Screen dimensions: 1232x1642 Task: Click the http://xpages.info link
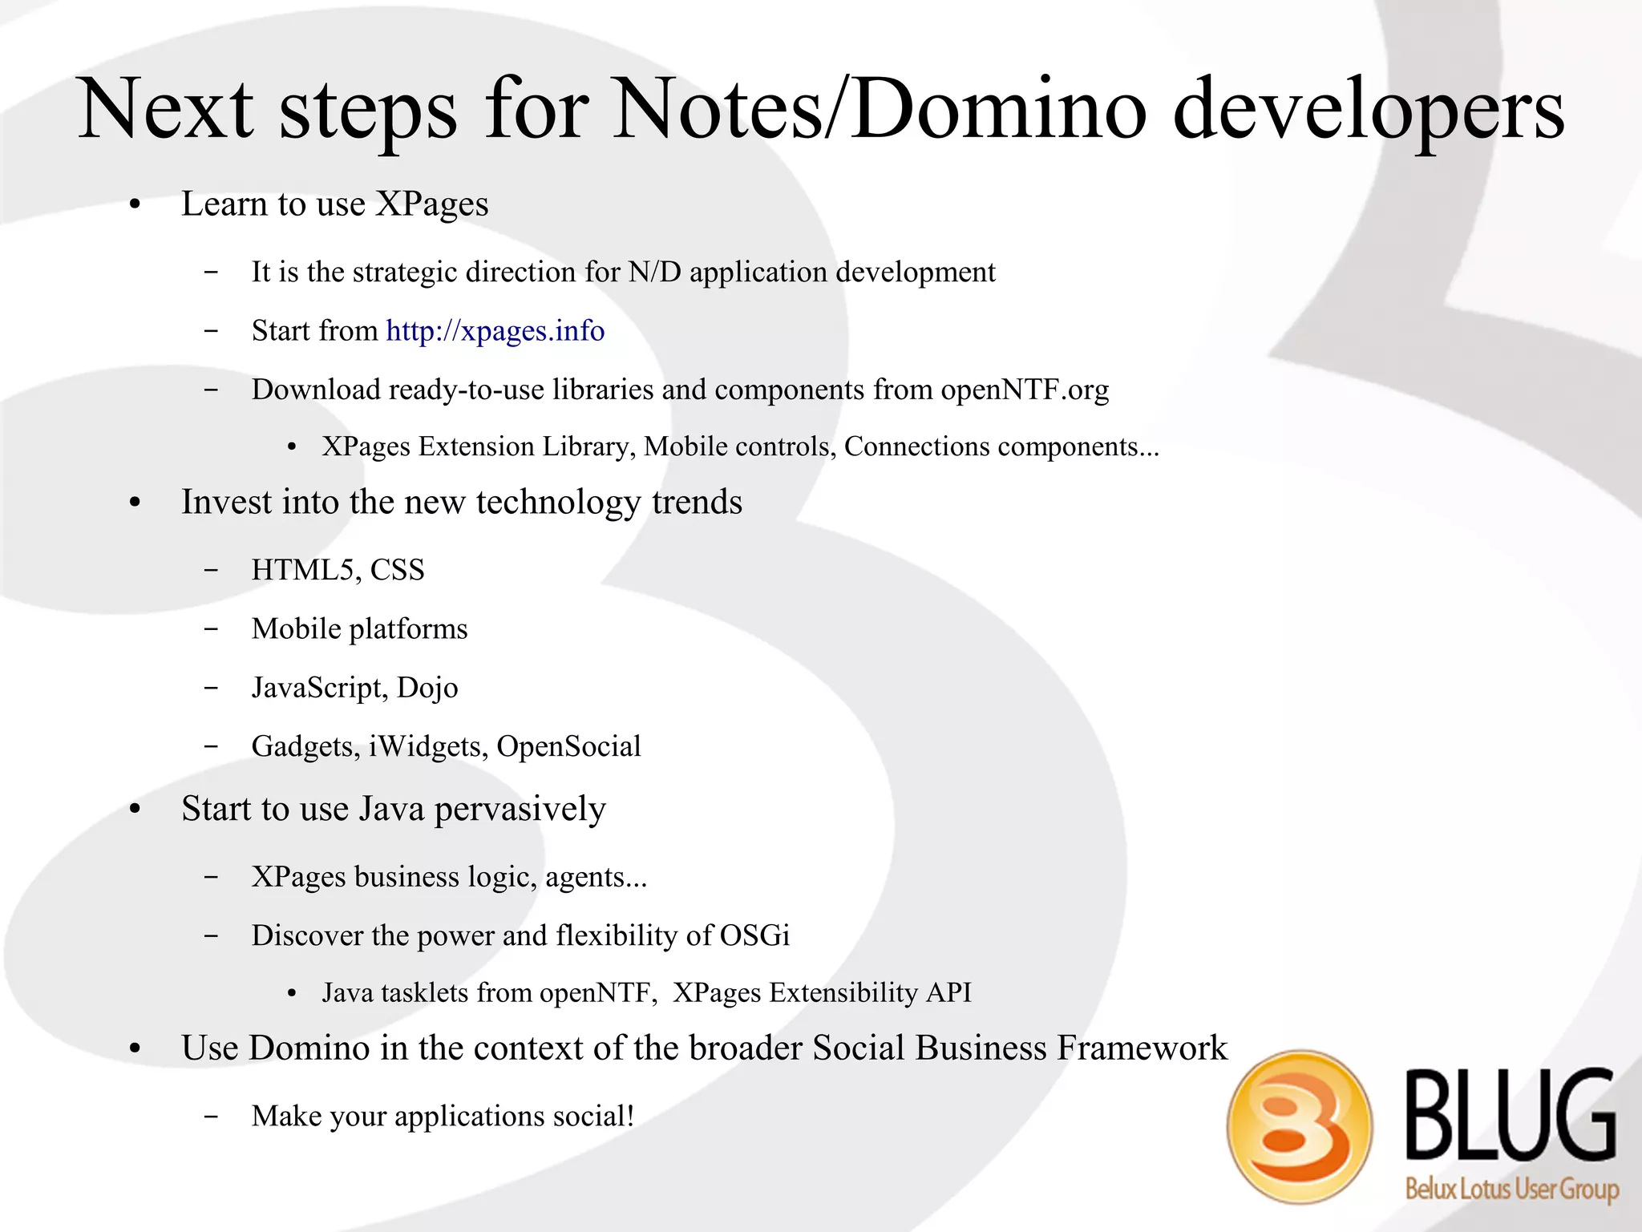click(x=495, y=331)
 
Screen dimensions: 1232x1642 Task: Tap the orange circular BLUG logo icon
click(x=1299, y=1126)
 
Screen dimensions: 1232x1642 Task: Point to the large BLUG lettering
click(x=1511, y=1115)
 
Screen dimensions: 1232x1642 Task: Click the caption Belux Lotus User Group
click(x=1511, y=1189)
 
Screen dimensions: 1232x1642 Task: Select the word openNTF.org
click(x=1025, y=390)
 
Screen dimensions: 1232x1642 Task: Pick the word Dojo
click(x=427, y=688)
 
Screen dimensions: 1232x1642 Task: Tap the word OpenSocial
click(x=568, y=746)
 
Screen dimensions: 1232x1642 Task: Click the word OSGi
click(x=754, y=935)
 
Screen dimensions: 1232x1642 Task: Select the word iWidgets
click(x=428, y=746)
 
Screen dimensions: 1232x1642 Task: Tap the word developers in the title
click(x=1368, y=110)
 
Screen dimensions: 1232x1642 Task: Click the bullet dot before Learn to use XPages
click(x=135, y=205)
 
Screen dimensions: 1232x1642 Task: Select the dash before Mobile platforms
click(x=211, y=629)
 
